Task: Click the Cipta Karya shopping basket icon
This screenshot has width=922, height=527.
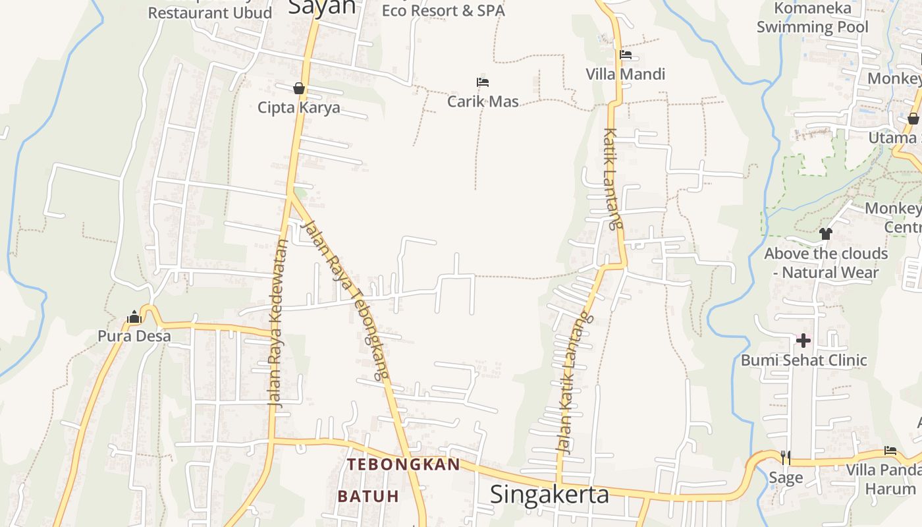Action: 299,88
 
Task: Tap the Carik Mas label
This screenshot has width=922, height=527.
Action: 483,101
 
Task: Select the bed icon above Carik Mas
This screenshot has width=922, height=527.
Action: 483,82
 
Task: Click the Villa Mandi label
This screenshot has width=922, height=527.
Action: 626,74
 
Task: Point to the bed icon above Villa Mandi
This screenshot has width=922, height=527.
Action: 626,55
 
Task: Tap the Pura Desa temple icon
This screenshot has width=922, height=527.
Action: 134,318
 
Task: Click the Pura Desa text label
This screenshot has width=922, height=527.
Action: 134,336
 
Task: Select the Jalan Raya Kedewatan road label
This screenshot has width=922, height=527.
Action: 279,323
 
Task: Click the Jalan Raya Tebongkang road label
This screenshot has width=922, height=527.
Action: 343,300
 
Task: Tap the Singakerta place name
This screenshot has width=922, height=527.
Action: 550,494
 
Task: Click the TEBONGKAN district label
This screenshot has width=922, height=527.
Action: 404,464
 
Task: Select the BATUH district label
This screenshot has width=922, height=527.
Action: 369,496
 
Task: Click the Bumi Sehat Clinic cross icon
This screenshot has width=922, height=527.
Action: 803,341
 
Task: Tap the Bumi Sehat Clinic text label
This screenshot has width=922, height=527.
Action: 803,360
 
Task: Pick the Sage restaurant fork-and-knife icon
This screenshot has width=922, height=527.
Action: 785,457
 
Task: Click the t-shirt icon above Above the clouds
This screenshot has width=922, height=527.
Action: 826,234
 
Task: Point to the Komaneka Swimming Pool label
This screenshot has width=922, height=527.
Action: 812,18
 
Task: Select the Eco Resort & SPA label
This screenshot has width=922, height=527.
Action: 443,11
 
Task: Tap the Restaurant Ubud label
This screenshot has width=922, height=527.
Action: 209,13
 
